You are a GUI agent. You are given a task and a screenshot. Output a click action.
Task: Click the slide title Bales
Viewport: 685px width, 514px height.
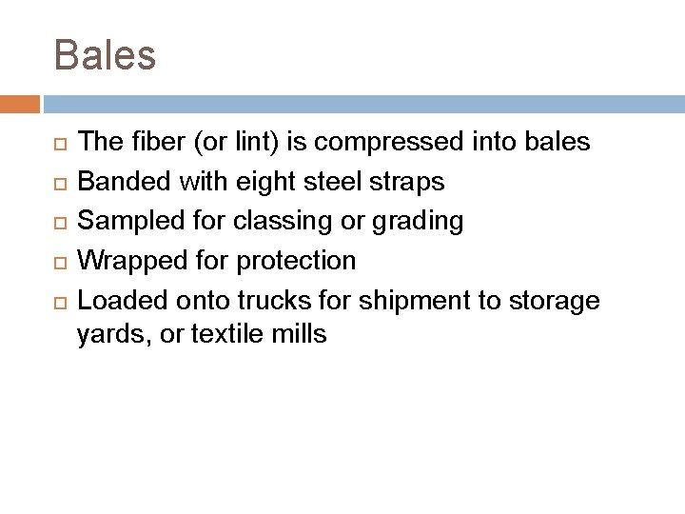(x=105, y=55)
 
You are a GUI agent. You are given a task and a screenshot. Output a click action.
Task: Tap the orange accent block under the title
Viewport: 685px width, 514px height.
(x=20, y=103)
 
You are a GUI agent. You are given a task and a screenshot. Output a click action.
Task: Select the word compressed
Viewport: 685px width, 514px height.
(x=379, y=143)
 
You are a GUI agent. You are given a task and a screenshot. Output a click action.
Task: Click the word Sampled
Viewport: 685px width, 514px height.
(x=124, y=221)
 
